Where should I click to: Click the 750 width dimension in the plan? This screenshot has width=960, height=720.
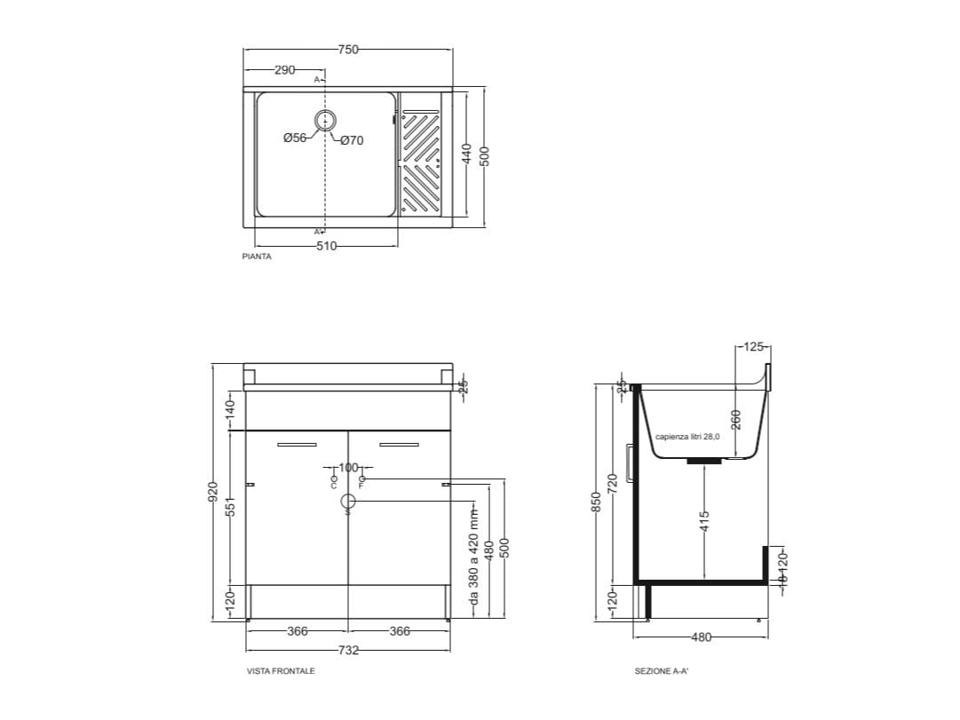click(348, 50)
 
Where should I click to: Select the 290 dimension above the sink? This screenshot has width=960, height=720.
click(284, 70)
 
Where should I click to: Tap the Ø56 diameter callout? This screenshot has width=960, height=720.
click(294, 138)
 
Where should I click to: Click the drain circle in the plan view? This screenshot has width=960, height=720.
click(326, 121)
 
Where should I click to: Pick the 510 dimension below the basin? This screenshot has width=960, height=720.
click(326, 246)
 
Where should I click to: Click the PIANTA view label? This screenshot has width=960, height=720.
click(257, 256)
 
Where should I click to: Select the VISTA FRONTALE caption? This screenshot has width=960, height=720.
click(281, 671)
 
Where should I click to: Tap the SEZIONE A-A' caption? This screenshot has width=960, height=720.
click(662, 671)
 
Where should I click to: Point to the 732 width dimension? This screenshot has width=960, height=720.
click(348, 650)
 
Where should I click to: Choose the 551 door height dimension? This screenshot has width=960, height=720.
click(230, 507)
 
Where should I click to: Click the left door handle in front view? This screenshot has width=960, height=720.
click(297, 444)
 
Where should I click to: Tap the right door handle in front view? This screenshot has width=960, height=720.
click(399, 444)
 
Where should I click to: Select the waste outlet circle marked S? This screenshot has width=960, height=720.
click(348, 502)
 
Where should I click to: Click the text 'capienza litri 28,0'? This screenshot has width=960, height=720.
click(688, 437)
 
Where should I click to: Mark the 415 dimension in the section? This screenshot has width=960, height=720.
click(704, 520)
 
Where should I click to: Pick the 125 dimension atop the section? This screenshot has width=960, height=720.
click(753, 347)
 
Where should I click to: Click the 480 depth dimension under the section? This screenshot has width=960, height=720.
click(702, 636)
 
